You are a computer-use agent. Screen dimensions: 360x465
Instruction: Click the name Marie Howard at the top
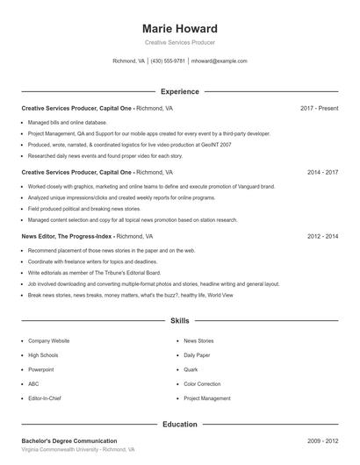[x=179, y=29]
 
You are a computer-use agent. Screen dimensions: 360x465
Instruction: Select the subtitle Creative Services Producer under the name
[x=179, y=42]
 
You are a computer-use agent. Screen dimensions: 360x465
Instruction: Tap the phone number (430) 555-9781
[x=168, y=61]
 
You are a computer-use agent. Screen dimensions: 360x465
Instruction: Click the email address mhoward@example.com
[x=220, y=61]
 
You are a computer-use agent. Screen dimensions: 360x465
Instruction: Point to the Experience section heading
[x=179, y=91]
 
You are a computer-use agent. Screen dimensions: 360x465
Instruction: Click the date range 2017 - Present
[x=319, y=108]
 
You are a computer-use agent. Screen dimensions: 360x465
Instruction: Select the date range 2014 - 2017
[x=322, y=173]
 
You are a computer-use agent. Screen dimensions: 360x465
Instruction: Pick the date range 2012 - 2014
[x=322, y=237]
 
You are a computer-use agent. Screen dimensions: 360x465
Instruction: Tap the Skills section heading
[x=179, y=322]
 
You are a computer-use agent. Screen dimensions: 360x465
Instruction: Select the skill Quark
[x=191, y=369]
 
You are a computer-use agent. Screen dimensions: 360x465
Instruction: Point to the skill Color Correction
[x=202, y=383]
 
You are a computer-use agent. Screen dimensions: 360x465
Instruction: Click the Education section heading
[x=179, y=424]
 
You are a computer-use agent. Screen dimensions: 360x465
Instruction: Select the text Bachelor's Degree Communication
[x=69, y=440]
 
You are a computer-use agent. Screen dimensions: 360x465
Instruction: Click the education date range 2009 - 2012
[x=322, y=440]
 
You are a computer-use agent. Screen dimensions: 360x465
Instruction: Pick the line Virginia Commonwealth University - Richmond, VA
[x=78, y=449]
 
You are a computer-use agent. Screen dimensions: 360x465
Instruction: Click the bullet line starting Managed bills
[x=67, y=123]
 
